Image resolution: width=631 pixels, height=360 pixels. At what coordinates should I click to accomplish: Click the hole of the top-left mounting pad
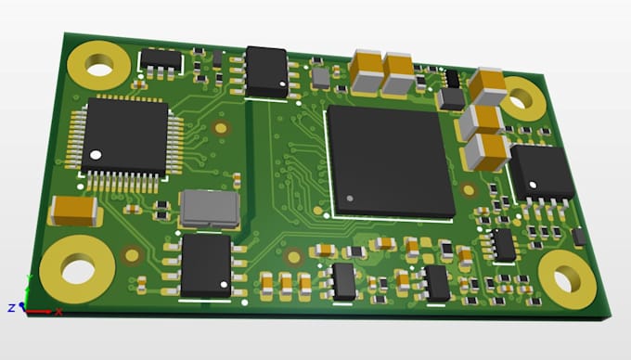pyautogui.click(x=99, y=66)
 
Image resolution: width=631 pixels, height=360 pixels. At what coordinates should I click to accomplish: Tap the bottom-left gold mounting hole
pyautogui.click(x=77, y=269)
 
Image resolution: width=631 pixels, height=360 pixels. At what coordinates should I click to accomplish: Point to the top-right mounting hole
pyautogui.click(x=522, y=98)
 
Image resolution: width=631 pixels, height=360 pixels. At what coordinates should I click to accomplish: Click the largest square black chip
pyautogui.click(x=391, y=161)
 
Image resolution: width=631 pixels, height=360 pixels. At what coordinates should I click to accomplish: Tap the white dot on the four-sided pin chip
pyautogui.click(x=96, y=155)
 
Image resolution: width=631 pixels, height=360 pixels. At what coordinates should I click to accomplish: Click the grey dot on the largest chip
pyautogui.click(x=350, y=199)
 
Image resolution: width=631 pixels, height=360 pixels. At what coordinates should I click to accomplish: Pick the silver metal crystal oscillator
pyautogui.click(x=210, y=210)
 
